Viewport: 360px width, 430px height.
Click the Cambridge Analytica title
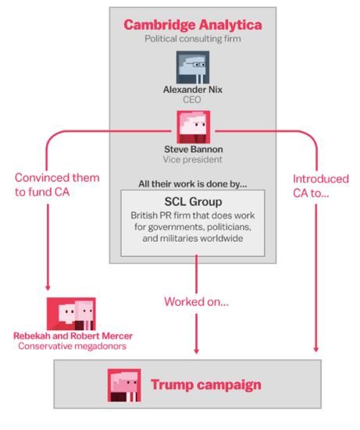click(x=193, y=25)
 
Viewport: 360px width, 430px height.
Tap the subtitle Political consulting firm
click(x=193, y=39)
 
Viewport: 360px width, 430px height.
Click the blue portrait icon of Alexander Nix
click(x=193, y=67)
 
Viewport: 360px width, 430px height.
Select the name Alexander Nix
click(x=193, y=90)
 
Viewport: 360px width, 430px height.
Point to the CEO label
click(x=192, y=100)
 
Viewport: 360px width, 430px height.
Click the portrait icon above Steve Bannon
click(x=194, y=127)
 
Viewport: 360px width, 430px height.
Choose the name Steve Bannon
click(x=194, y=149)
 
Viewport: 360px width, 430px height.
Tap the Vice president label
click(x=193, y=159)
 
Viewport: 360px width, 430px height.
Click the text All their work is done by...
click(x=193, y=183)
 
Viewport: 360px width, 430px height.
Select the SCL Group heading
click(x=193, y=202)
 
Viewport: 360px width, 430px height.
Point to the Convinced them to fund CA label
click(x=57, y=185)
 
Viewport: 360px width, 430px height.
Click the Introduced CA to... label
click(x=321, y=186)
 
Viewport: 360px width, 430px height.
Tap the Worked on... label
click(x=197, y=302)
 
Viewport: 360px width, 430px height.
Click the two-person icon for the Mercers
click(x=71, y=314)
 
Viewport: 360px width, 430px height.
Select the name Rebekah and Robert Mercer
click(x=73, y=336)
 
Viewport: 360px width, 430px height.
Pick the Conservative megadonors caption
click(x=72, y=346)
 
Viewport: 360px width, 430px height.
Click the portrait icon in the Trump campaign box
click(x=124, y=386)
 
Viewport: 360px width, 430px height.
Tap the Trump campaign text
click(x=206, y=385)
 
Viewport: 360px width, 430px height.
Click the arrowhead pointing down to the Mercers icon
click(x=48, y=288)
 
